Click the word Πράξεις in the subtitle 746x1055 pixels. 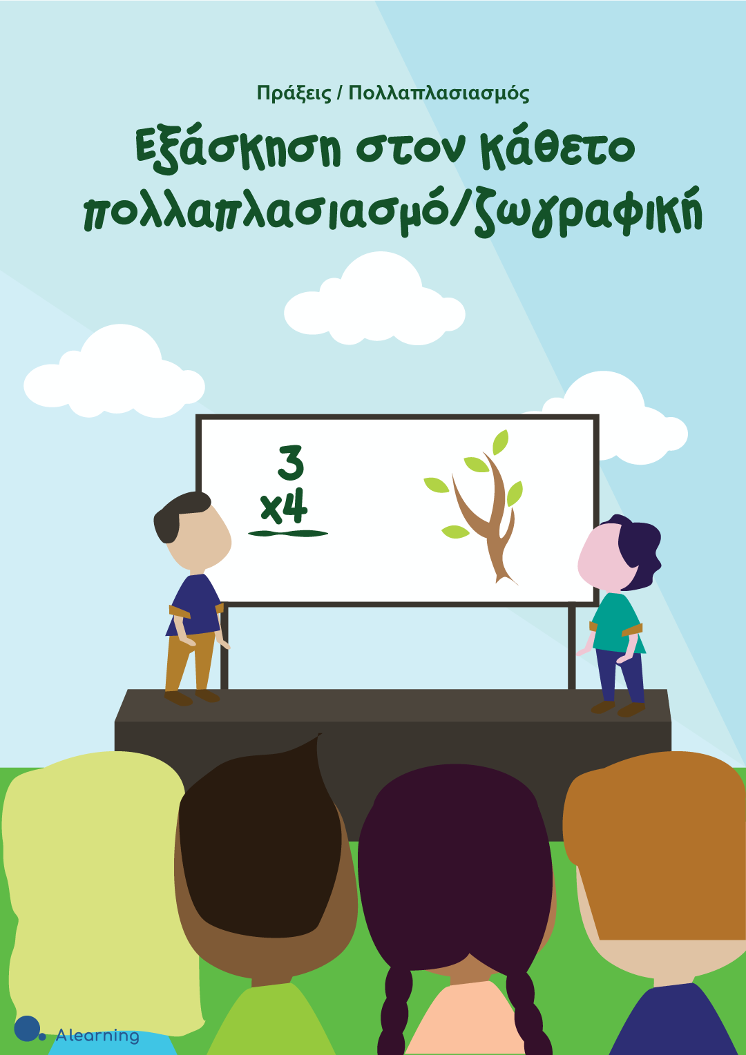point(294,94)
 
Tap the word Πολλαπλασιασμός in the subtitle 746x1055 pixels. point(439,94)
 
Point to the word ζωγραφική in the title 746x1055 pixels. point(588,214)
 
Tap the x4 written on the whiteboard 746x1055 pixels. point(284,508)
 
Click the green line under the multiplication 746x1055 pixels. point(288,534)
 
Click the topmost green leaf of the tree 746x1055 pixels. point(500,441)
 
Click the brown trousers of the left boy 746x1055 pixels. point(189,664)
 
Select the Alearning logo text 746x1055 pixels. point(97,1036)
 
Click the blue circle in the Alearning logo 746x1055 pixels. point(27,1028)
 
